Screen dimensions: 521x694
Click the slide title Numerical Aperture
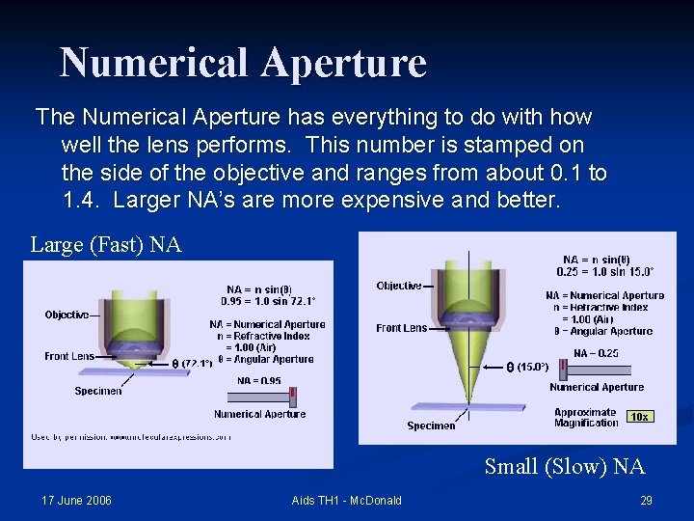tap(243, 63)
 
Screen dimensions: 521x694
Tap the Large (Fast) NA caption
tap(106, 245)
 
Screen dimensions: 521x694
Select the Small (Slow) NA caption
tap(564, 467)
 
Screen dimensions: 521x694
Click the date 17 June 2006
tap(76, 500)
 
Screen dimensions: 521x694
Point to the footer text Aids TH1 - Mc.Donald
tap(346, 500)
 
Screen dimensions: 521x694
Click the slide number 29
tap(646, 500)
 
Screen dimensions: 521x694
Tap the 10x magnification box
tap(638, 417)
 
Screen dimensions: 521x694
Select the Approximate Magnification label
tap(586, 418)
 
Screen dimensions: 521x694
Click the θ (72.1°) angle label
tap(192, 364)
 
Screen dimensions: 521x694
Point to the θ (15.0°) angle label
tap(528, 367)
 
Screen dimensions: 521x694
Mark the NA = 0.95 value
tap(259, 381)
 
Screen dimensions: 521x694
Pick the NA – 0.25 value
tap(596, 353)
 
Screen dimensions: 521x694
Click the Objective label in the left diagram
tap(67, 315)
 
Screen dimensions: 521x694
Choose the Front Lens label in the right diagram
tap(401, 328)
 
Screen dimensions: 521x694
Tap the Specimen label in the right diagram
tap(431, 425)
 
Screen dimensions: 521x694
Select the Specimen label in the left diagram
tap(98, 391)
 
